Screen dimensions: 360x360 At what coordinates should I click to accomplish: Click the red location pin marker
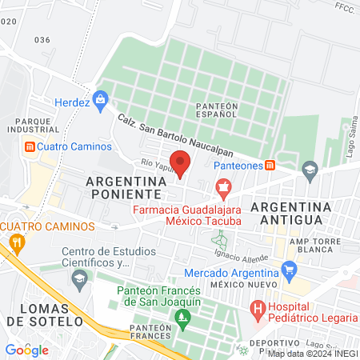(181, 164)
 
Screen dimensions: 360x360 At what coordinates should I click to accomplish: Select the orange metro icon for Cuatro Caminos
(30, 147)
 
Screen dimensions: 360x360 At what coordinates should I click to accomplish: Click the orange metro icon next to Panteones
(270, 165)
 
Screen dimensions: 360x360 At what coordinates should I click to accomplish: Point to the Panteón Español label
(216, 109)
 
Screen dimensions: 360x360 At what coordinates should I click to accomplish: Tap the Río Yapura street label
(157, 162)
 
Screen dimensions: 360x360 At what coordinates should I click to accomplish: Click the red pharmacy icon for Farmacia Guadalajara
(223, 190)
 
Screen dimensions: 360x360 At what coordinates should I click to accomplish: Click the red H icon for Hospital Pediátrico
(258, 307)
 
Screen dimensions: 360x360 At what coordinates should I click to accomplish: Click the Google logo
(26, 350)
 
